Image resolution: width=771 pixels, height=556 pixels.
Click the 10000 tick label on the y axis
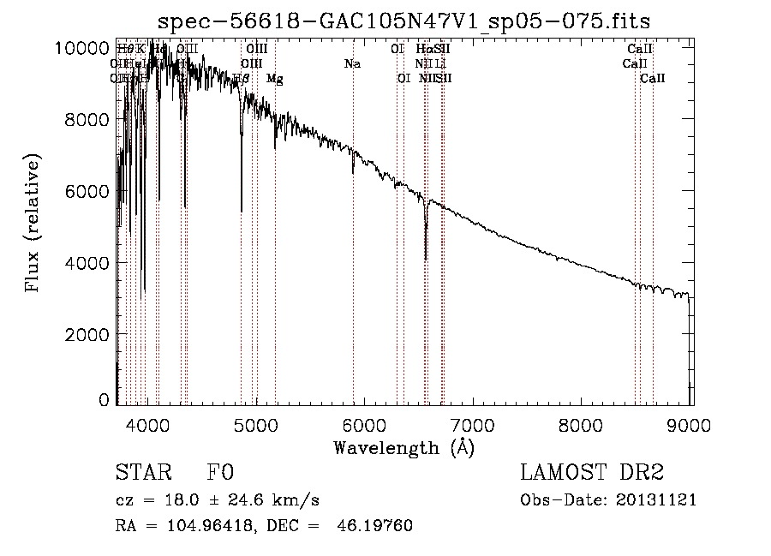tap(84, 48)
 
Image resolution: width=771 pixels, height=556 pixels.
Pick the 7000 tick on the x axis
tap(473, 424)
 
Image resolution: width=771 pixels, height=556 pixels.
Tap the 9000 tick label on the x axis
tap(690, 424)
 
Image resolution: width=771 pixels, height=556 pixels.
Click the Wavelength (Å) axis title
tap(403, 447)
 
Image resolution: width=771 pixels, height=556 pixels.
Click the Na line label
tap(352, 63)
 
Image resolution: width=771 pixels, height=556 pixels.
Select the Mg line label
tap(274, 78)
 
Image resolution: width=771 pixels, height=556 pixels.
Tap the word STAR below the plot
tap(142, 473)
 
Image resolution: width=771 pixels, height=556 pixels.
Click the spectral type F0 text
tap(219, 473)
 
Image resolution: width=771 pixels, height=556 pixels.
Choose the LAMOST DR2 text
tap(592, 473)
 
